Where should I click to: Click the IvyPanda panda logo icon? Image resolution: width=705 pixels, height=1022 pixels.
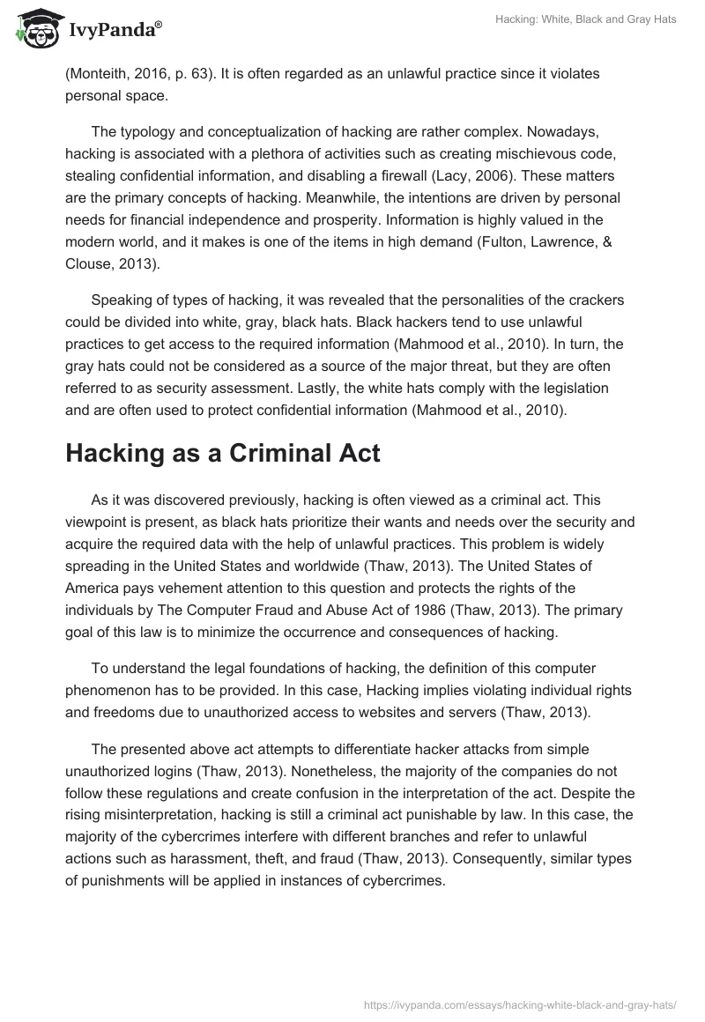[x=34, y=28]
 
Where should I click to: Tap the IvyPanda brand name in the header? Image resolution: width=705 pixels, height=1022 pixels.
[x=115, y=32]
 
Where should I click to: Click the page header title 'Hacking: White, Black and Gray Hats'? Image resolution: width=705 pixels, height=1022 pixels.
[x=584, y=19]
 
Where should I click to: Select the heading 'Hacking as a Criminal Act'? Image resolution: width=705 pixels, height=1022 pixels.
[x=222, y=454]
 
